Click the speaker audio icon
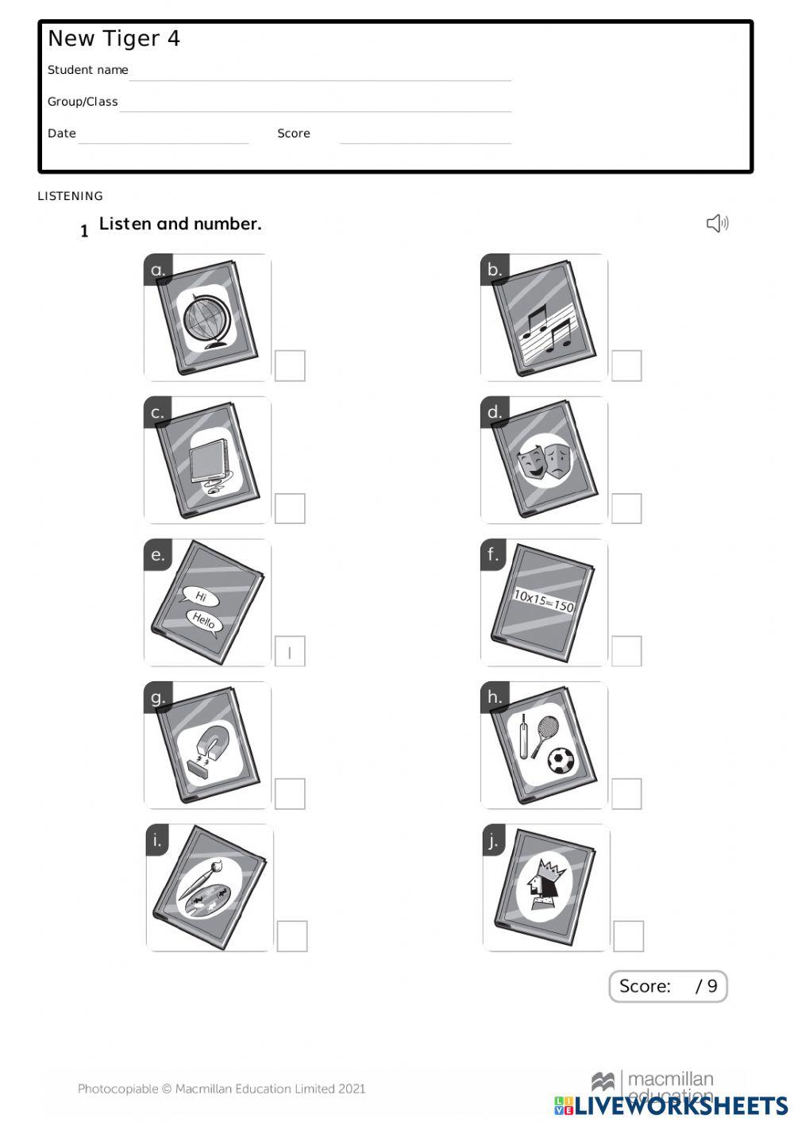pos(717,223)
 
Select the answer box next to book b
pos(626,366)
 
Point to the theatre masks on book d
pos(545,461)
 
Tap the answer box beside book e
pos(290,652)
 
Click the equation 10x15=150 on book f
pos(543,600)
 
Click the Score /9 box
pos(668,986)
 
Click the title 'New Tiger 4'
pos(114,38)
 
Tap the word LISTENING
pos(70,196)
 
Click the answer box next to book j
pos(628,936)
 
